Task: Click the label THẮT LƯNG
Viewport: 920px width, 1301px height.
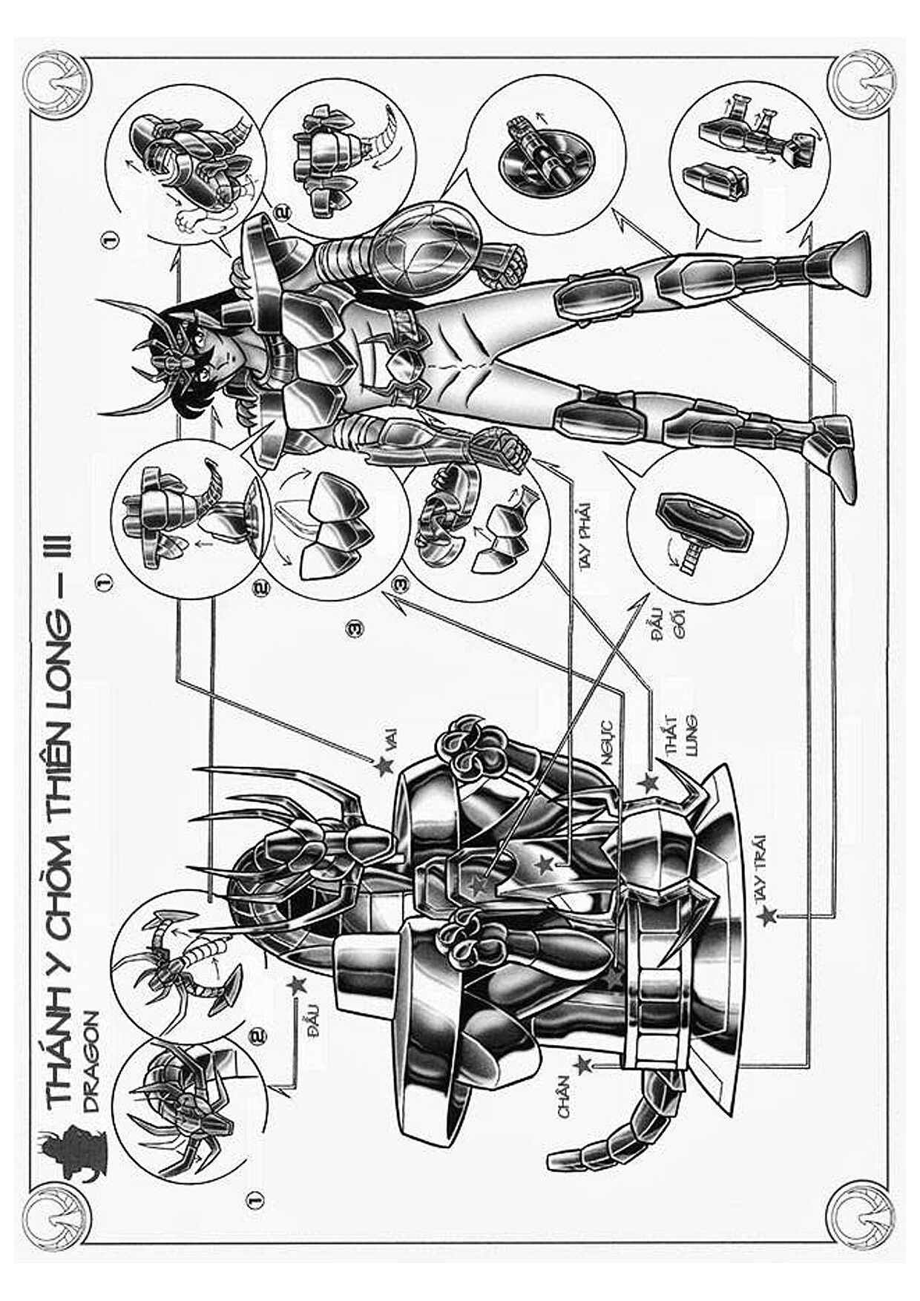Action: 678,735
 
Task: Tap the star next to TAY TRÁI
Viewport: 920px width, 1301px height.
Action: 767,917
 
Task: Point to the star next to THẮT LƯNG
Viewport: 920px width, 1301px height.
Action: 648,782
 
